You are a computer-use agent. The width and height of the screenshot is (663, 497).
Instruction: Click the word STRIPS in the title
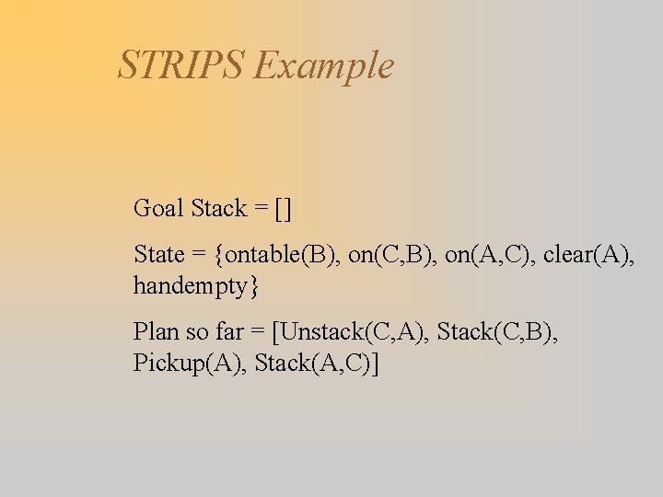pos(181,65)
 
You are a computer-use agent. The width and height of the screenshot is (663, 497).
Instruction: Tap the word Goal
pos(158,209)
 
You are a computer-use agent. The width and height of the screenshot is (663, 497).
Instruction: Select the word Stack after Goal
pos(218,209)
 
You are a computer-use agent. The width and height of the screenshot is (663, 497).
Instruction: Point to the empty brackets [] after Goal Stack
pos(283,210)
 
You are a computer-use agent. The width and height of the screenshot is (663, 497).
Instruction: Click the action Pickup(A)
pos(188,364)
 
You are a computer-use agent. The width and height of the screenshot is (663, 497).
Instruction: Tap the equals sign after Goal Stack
pos(262,210)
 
